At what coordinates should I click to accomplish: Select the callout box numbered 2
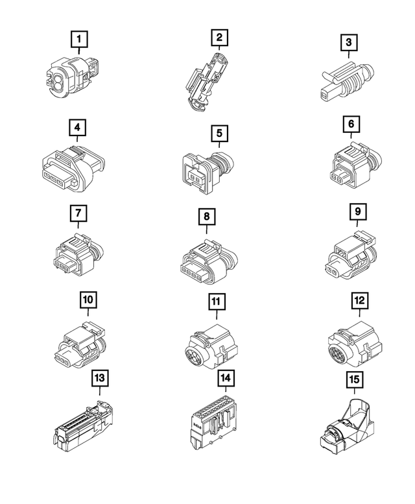[219, 38]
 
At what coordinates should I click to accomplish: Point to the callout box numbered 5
[219, 133]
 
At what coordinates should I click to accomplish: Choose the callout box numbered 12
[358, 301]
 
